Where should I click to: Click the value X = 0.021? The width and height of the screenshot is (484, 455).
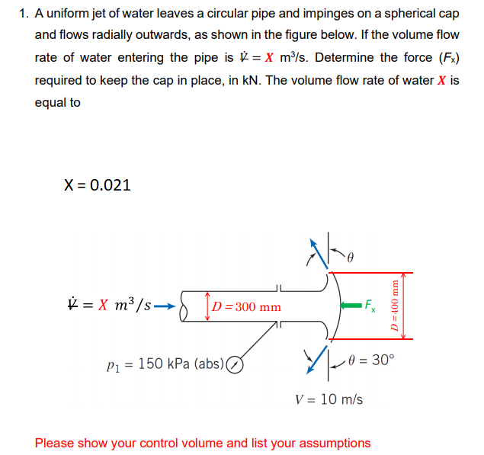(x=98, y=184)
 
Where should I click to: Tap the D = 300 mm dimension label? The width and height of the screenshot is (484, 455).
(x=246, y=307)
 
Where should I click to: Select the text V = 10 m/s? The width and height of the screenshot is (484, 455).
(x=329, y=399)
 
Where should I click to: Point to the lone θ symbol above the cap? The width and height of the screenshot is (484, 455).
(x=351, y=258)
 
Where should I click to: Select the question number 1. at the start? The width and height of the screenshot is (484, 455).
(x=25, y=14)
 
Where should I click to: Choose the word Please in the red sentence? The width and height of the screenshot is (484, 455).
(x=54, y=443)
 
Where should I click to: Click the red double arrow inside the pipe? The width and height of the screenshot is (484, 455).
(x=207, y=306)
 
